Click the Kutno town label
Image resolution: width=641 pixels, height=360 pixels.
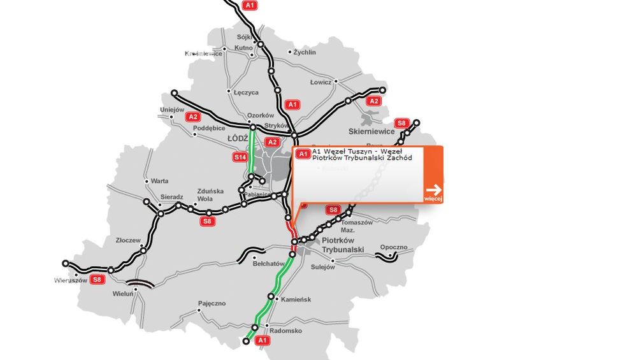tap(244, 48)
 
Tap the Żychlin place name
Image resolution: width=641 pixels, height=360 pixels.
tap(305, 52)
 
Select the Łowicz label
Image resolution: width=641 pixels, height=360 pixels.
tap(320, 82)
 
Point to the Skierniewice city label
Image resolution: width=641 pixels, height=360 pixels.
tap(371, 131)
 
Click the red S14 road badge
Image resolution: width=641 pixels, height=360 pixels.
tap(240, 157)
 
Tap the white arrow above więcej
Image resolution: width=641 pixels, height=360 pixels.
tap(433, 189)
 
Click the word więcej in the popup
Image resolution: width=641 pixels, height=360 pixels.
tap(433, 199)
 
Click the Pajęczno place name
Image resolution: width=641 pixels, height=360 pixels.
tap(212, 303)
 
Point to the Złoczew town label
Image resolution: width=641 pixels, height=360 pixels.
tap(128, 240)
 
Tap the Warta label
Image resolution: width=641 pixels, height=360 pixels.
tap(159, 181)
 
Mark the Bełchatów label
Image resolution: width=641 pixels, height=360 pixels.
tap(268, 263)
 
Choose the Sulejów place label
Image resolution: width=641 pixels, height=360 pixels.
tap(322, 267)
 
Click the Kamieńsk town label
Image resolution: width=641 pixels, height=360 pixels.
tap(296, 299)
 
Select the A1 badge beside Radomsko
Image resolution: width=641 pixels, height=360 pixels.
tap(261, 342)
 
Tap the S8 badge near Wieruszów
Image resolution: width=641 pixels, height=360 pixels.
tap(97, 278)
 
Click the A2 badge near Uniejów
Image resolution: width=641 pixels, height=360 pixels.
tap(192, 117)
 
